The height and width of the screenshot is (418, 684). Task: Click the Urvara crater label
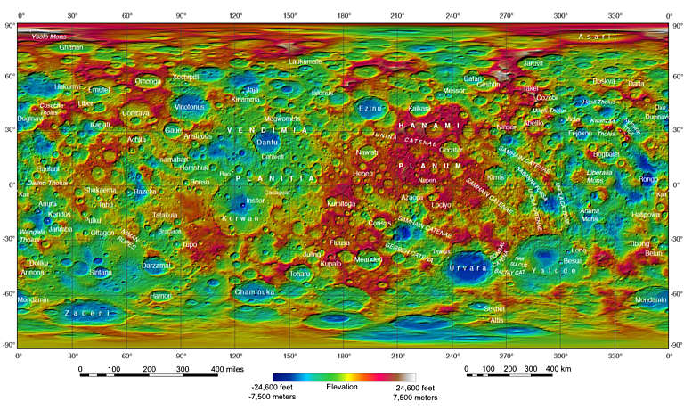(467, 267)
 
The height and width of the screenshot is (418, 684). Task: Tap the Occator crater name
(452, 151)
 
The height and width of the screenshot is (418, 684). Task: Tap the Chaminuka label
(255, 292)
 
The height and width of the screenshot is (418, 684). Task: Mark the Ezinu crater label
(369, 108)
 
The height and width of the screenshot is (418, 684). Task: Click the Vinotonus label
(189, 107)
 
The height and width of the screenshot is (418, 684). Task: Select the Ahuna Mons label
(590, 214)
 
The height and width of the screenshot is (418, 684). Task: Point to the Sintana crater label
(101, 272)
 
